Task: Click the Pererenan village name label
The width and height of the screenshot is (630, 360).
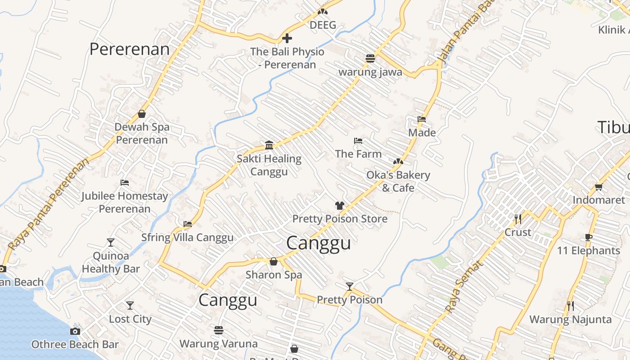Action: click(130, 49)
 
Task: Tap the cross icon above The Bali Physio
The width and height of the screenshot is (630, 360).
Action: click(287, 38)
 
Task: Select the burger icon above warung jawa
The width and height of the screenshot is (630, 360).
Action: click(370, 58)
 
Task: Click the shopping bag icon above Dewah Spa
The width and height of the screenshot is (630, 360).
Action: click(142, 114)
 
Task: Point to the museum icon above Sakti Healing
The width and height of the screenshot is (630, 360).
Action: click(269, 145)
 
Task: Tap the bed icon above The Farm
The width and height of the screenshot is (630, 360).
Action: click(358, 141)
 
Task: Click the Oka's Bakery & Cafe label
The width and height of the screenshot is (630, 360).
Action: click(398, 181)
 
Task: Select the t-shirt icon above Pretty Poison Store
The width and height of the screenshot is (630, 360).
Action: click(340, 206)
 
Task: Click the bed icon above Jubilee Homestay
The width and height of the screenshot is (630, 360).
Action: click(125, 183)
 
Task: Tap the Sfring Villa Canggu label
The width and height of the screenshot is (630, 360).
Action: click(187, 238)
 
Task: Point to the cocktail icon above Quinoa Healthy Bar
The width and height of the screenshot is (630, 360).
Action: click(111, 243)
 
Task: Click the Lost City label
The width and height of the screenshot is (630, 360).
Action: click(130, 319)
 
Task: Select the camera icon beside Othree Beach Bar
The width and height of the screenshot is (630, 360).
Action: click(75, 332)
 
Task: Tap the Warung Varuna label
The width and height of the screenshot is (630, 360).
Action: click(219, 344)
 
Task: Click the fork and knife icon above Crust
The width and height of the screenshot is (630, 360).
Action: click(518, 219)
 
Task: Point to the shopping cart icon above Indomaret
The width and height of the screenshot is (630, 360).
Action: click(598, 187)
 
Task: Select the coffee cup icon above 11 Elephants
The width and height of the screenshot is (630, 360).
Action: click(589, 237)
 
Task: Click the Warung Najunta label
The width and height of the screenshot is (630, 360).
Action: click(570, 320)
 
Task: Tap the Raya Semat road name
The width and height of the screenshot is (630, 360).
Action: click(463, 287)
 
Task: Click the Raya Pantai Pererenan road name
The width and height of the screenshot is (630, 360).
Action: click(49, 205)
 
